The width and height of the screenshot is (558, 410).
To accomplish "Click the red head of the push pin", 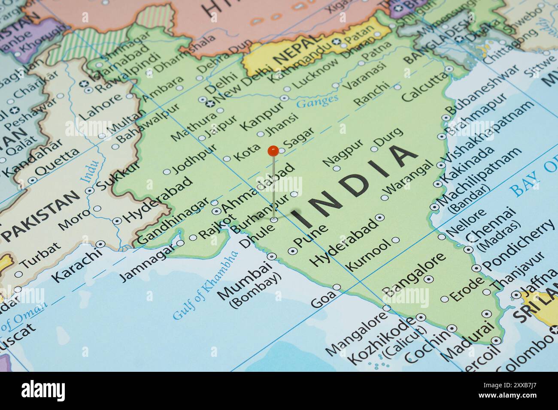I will click(273, 151).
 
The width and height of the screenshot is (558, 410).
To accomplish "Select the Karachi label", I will click(77, 266).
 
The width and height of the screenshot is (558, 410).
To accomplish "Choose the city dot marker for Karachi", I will click(100, 244).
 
